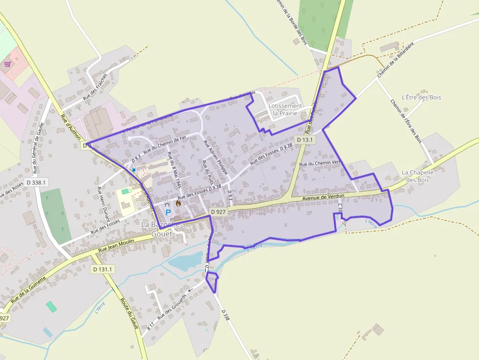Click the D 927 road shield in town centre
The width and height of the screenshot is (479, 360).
(x=218, y=212)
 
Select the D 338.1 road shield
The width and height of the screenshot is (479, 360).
(x=36, y=182)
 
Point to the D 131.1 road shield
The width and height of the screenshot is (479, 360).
(x=103, y=269)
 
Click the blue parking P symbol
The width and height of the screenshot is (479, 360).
(x=168, y=212)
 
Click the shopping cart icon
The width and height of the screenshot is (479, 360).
(x=8, y=64)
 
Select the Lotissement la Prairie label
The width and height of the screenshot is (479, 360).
(x=285, y=109)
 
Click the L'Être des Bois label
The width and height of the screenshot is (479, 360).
(x=421, y=97)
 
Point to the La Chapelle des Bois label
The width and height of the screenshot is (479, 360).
(x=417, y=176)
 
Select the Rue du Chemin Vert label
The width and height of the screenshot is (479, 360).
(x=319, y=163)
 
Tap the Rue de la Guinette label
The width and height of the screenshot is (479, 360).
(x=28, y=288)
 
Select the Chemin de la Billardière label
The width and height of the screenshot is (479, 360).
(x=396, y=60)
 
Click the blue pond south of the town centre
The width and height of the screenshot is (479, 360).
(x=186, y=261)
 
